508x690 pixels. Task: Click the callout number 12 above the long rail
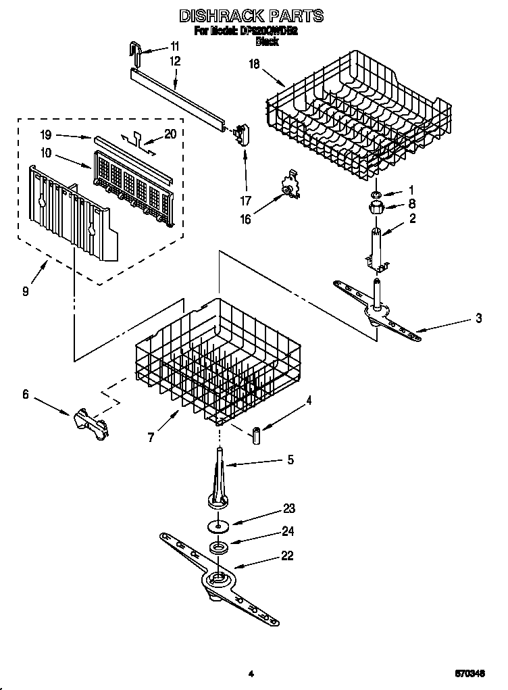[x=175, y=61]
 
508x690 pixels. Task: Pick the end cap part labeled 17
[x=239, y=133]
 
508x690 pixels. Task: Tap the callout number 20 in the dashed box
[x=170, y=134]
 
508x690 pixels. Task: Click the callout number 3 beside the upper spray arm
[x=478, y=318]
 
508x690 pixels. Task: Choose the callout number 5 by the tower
[x=290, y=460]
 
